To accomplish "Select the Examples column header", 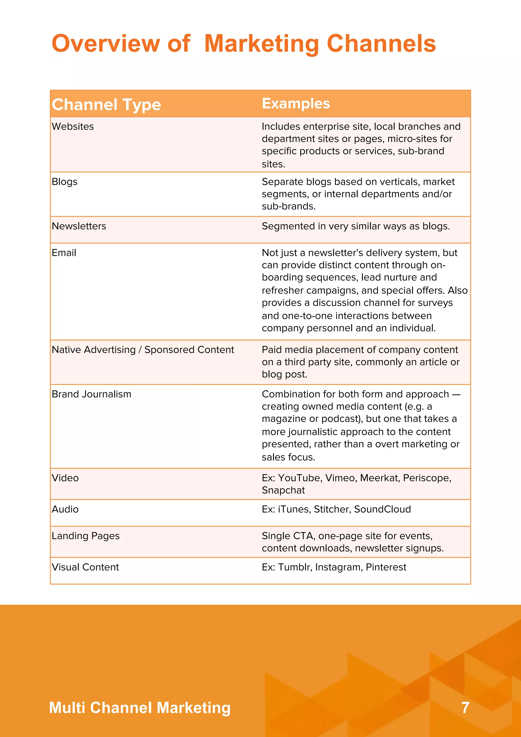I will (x=296, y=103).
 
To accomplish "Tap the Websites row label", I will (x=73, y=126).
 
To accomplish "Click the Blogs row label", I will (x=65, y=182).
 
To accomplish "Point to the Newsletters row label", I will (x=79, y=226).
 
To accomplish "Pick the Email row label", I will (x=64, y=253).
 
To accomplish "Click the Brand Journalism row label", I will (x=92, y=394).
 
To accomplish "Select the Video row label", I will (x=65, y=478).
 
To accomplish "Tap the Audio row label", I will (x=65, y=509).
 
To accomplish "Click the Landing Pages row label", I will (x=85, y=536).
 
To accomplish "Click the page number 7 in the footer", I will (x=465, y=707).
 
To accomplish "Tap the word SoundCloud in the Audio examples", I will (x=382, y=509).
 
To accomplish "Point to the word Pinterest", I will (x=386, y=567).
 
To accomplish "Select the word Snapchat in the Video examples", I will (x=283, y=490).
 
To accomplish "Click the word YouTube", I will (x=299, y=478).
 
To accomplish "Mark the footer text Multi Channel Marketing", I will (x=140, y=707).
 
